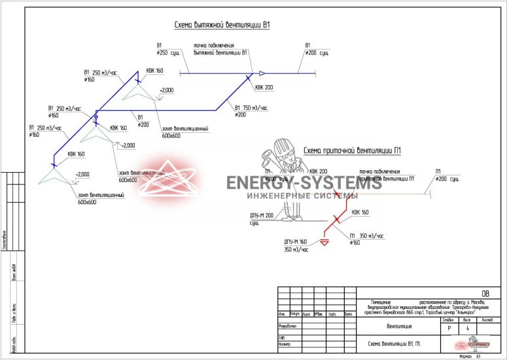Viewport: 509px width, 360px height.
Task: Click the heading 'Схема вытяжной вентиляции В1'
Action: point(222,26)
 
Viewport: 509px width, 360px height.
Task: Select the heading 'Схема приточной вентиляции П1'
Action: point(352,151)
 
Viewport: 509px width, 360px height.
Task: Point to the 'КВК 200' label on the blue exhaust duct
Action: point(264,87)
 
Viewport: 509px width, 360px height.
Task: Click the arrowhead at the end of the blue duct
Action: point(262,73)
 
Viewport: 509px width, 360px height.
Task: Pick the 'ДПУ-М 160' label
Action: point(295,242)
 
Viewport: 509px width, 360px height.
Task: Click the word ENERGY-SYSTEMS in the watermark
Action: point(304,183)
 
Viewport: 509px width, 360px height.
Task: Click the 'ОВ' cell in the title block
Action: point(485,293)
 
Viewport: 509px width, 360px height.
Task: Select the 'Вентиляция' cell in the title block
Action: point(399,326)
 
